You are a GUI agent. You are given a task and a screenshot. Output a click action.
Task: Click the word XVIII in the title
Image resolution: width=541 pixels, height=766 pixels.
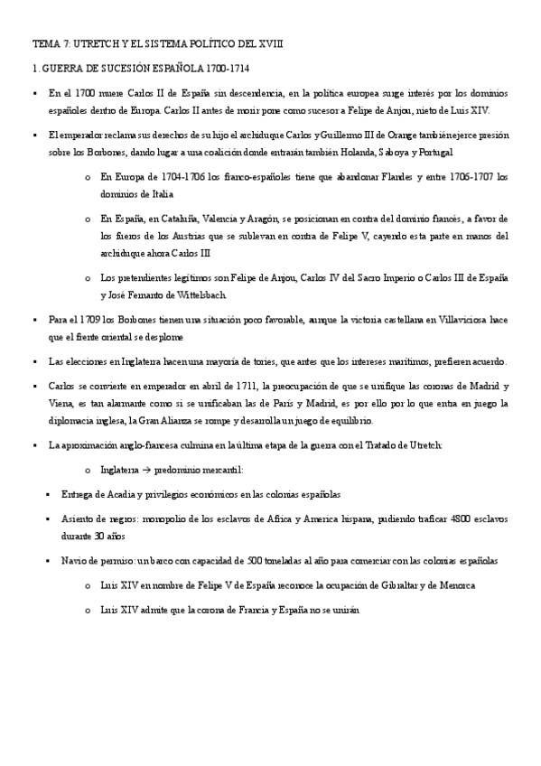253,42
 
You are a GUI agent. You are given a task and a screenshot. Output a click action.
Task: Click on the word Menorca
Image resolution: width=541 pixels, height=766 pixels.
470,585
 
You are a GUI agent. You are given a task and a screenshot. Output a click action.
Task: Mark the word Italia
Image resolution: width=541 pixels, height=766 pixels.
158,194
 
